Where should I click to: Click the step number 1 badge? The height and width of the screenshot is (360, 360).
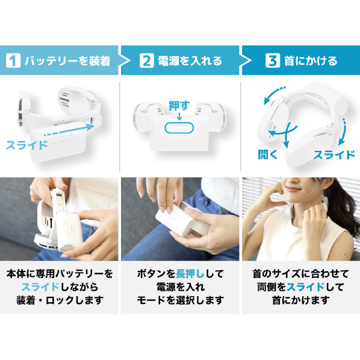13,61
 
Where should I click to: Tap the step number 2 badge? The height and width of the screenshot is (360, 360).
147,61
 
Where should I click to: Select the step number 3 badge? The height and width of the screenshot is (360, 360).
273,61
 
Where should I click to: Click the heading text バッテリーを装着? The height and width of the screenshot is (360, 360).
67,61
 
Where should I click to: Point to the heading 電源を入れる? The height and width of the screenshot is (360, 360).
190,61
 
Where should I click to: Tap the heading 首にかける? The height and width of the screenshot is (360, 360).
311,61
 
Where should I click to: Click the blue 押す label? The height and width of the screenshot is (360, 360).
179,105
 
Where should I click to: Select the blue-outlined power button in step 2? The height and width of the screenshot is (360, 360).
179,128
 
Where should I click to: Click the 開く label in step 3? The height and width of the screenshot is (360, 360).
268,155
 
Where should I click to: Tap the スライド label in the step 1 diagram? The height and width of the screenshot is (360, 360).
26,145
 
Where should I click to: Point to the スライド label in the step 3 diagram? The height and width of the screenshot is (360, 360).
334,155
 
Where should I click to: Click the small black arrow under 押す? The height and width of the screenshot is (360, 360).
179,116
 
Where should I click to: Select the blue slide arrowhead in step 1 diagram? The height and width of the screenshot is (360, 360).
90,127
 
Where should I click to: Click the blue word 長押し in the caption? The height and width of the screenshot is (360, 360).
190,274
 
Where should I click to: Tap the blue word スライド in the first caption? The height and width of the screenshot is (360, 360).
41,287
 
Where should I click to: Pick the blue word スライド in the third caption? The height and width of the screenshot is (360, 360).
306,287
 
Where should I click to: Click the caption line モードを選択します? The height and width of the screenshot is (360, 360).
180,300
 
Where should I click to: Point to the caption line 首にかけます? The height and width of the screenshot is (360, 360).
301,300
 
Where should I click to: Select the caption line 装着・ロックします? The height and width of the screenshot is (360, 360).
60,300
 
